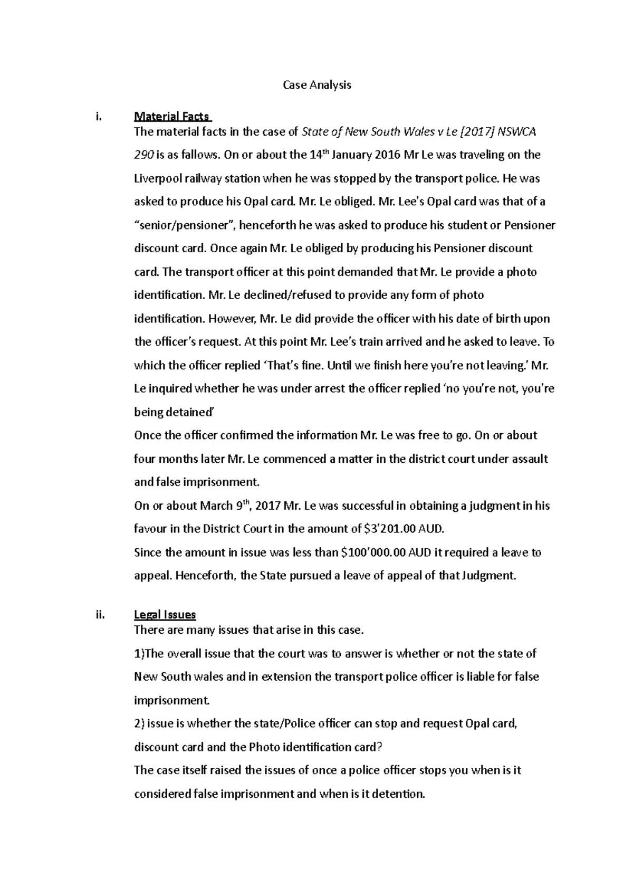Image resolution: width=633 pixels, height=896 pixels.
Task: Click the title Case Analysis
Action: coord(316,85)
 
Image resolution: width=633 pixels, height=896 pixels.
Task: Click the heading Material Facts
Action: coord(172,116)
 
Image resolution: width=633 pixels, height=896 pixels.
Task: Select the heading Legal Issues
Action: coord(165,615)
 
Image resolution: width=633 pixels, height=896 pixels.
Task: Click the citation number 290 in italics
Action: coord(144,155)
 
